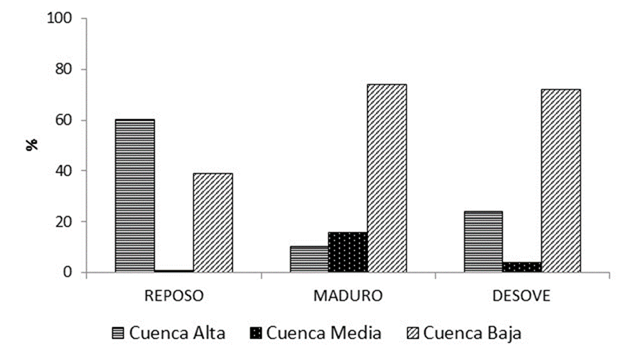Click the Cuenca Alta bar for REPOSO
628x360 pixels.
click(x=135, y=196)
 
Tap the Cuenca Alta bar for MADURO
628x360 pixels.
click(x=309, y=259)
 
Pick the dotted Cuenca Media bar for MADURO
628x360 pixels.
click(x=348, y=252)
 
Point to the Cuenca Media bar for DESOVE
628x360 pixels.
click(x=522, y=267)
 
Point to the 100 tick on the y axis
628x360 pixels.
click(x=61, y=19)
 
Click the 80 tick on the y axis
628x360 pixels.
click(x=65, y=70)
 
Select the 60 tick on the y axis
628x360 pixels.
click(x=65, y=120)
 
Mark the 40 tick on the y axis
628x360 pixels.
click(x=65, y=171)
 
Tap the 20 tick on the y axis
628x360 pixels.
click(x=65, y=222)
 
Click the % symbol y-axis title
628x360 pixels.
click(x=32, y=145)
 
